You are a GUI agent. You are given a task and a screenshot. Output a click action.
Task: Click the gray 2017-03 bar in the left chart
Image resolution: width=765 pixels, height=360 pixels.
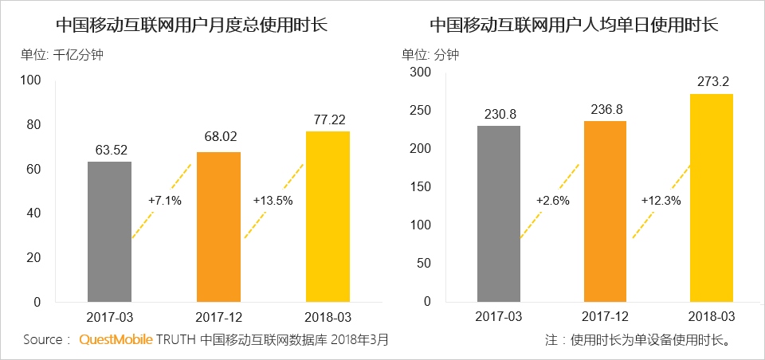pyautogui.click(x=109, y=232)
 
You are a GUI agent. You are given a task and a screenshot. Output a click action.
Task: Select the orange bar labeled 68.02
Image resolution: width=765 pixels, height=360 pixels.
pyautogui.click(x=218, y=227)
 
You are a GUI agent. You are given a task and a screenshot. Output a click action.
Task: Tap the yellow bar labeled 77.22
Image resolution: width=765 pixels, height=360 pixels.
pyautogui.click(x=328, y=217)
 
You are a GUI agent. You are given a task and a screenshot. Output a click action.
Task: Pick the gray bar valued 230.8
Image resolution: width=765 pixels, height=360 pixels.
pyautogui.click(x=499, y=214)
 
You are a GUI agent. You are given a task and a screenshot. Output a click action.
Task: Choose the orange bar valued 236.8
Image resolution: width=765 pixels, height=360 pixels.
pyautogui.click(x=605, y=212)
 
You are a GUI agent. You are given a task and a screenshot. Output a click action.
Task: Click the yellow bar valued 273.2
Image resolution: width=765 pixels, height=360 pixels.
pyautogui.click(x=711, y=198)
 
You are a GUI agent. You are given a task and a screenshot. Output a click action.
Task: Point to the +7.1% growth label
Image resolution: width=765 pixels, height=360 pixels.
pyautogui.click(x=165, y=201)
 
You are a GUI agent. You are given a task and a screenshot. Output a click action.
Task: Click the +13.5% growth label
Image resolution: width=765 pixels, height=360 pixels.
pyautogui.click(x=273, y=201)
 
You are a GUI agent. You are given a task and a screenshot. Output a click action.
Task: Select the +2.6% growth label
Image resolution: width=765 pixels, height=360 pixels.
pyautogui.click(x=553, y=201)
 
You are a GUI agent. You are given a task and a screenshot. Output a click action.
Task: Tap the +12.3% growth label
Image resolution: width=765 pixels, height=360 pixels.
pyautogui.click(x=661, y=201)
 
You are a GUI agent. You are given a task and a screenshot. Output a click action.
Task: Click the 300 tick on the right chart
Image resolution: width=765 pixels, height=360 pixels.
pyautogui.click(x=420, y=72)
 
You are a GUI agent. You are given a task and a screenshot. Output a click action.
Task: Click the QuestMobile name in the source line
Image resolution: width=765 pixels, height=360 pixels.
pyautogui.click(x=115, y=340)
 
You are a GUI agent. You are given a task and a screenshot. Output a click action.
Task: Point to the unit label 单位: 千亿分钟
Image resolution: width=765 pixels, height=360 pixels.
pyautogui.click(x=62, y=56)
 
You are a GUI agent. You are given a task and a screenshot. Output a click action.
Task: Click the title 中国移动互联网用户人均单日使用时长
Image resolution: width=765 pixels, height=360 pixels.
pyautogui.click(x=574, y=25)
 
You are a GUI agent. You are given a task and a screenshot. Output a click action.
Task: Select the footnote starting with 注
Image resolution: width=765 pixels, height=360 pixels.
pyautogui.click(x=637, y=340)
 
